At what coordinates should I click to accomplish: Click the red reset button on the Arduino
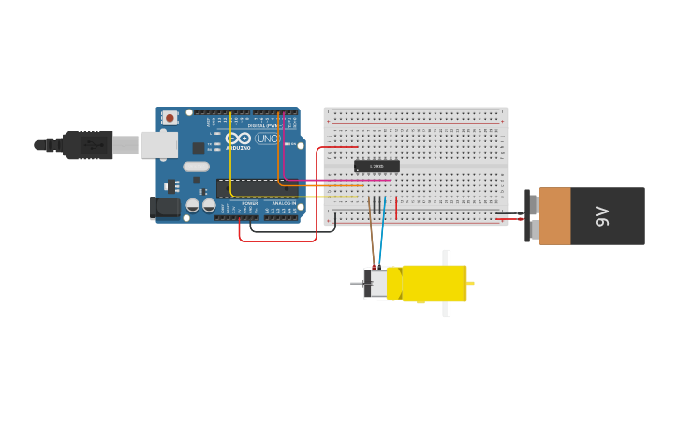click(x=170, y=117)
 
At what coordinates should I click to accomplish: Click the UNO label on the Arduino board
click(x=267, y=139)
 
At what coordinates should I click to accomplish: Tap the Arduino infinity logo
click(x=238, y=139)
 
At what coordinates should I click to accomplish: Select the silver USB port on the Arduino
click(x=159, y=144)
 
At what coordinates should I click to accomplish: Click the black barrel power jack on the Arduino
click(x=165, y=208)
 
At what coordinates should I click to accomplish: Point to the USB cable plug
click(x=89, y=145)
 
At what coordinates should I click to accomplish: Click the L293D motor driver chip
click(x=376, y=166)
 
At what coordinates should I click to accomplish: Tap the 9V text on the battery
click(x=603, y=216)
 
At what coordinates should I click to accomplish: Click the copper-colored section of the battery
click(x=554, y=216)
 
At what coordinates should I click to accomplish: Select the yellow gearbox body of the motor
click(x=434, y=284)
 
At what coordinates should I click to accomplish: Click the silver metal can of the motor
click(x=377, y=284)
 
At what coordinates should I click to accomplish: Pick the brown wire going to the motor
click(x=372, y=239)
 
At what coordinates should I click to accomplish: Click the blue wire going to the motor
click(x=381, y=239)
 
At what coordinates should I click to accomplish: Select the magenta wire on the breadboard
click(x=337, y=180)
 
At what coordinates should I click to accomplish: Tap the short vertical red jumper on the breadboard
click(x=396, y=207)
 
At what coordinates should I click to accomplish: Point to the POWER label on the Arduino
click(x=250, y=202)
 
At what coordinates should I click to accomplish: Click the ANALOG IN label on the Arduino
click(x=284, y=202)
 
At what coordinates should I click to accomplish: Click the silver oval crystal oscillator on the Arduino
click(x=196, y=167)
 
